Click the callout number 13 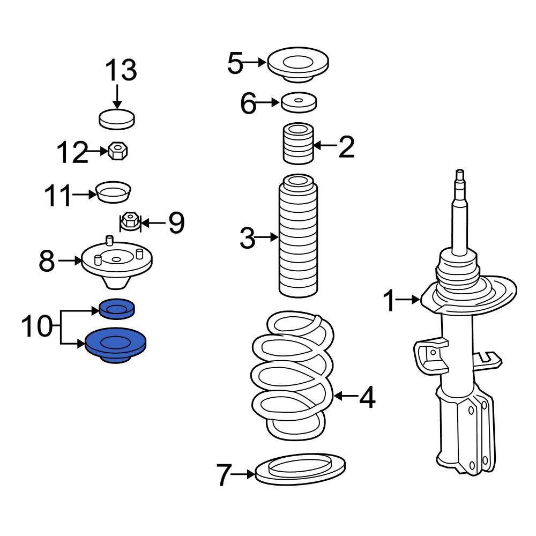(121, 71)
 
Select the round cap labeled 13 (117, 119)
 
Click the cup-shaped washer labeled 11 (114, 192)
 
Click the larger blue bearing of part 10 (117, 345)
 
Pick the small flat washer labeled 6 (299, 102)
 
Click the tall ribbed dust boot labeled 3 (297, 236)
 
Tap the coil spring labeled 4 (293, 375)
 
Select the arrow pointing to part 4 (346, 397)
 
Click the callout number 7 (226, 475)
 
